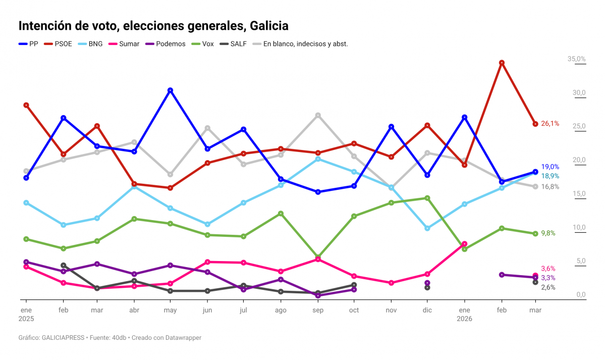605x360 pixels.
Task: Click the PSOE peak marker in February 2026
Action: point(502,63)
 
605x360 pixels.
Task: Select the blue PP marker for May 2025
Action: point(171,90)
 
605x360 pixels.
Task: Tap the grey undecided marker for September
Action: point(318,115)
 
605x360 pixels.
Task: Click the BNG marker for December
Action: point(427,228)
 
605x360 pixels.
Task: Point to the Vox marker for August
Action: point(281,214)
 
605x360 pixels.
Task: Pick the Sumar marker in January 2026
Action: point(464,244)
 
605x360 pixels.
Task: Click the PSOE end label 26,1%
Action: point(549,124)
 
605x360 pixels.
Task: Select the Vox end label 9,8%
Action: point(548,233)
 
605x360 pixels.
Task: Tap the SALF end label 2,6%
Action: point(548,287)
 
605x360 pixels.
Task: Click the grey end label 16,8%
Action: point(549,187)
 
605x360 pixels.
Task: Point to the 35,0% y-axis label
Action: point(576,59)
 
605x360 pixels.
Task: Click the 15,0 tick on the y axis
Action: point(578,194)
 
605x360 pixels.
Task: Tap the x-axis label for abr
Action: point(135,310)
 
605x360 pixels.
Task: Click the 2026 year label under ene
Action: point(464,319)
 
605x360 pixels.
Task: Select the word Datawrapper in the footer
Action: point(183,338)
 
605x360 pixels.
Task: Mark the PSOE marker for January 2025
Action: point(26,105)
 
